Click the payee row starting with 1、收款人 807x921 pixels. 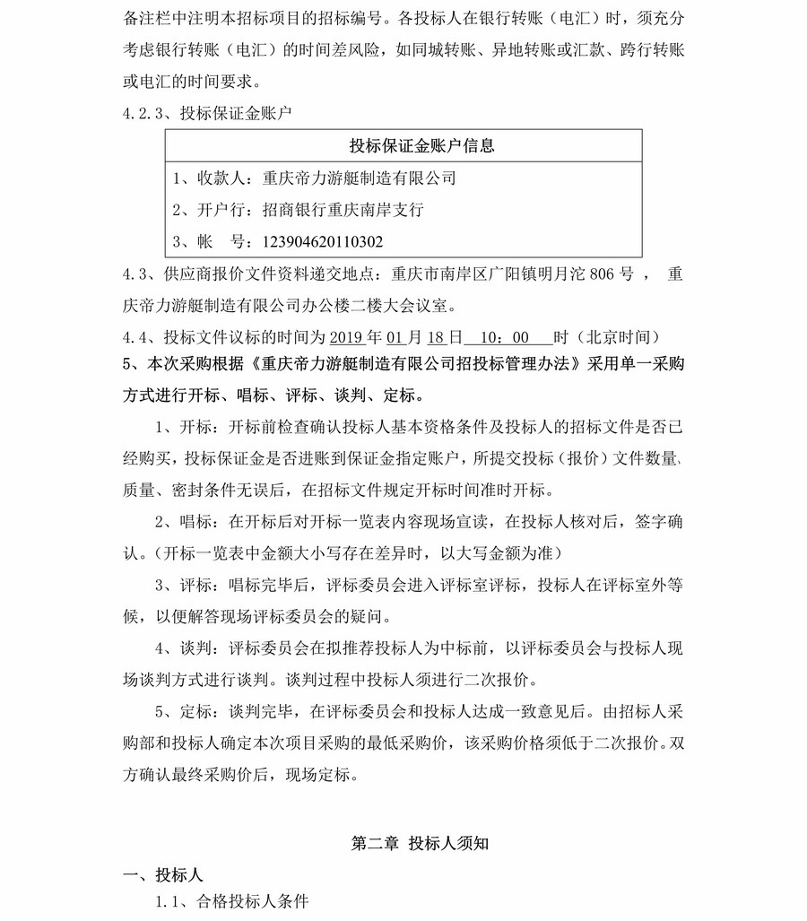click(x=314, y=178)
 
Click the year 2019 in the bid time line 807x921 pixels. click(x=347, y=337)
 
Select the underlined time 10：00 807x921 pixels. click(x=507, y=337)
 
